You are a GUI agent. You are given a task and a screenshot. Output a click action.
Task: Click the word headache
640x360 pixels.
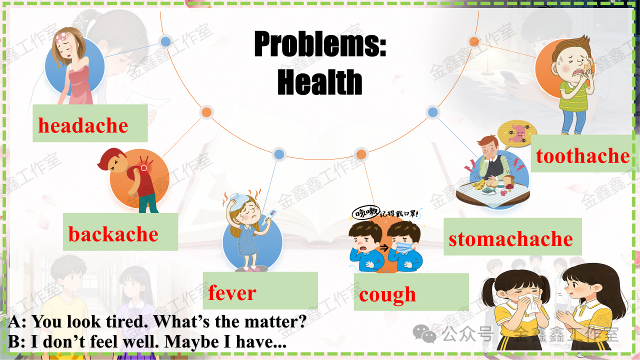coord(83,125)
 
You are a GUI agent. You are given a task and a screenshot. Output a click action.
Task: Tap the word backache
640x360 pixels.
coord(113,234)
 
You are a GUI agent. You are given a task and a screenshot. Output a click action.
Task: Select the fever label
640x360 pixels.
coord(232,293)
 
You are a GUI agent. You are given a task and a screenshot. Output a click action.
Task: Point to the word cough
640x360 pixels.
coord(387,295)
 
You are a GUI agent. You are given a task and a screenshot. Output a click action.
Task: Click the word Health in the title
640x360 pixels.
coord(319,82)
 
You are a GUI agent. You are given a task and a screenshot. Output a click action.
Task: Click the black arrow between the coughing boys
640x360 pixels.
coord(384,247)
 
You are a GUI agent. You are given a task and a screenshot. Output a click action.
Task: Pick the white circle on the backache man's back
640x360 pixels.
coord(144,168)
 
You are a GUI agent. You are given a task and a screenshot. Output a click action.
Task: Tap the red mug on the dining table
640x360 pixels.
coord(504,192)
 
